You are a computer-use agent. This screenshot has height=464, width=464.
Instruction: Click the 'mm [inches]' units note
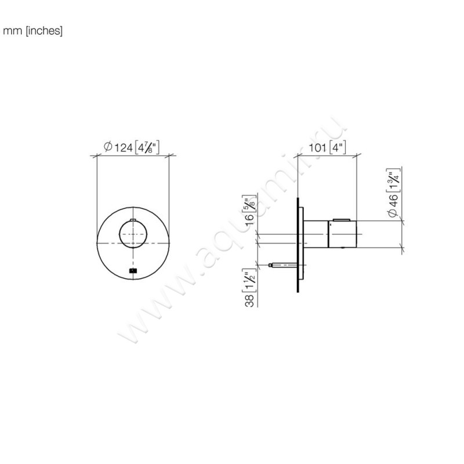[32, 31]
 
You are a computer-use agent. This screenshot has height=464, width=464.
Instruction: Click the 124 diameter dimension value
[124, 147]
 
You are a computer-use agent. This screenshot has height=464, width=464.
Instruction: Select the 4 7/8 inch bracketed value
[147, 147]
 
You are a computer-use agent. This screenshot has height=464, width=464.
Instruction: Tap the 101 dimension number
[317, 147]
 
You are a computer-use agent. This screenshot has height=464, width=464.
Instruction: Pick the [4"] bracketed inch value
[338, 147]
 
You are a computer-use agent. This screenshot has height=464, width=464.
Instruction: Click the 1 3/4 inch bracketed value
[393, 180]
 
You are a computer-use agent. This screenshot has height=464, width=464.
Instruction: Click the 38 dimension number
[249, 300]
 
